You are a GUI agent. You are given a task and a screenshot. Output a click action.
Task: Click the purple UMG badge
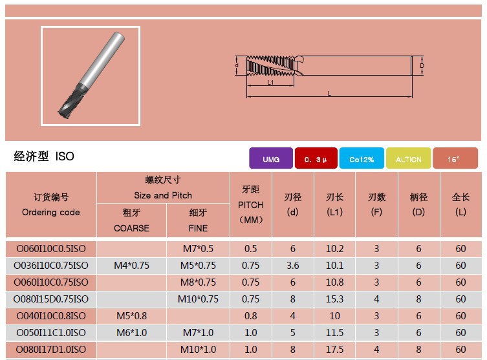pyautogui.click(x=271, y=158)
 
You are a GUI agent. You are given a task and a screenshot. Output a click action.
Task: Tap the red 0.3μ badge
pyautogui.click(x=316, y=158)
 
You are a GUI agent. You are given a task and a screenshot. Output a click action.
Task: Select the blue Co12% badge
pyautogui.click(x=362, y=158)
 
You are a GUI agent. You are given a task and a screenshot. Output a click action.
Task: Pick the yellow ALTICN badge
pyautogui.click(x=409, y=158)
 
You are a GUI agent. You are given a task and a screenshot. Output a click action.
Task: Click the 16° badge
pyautogui.click(x=455, y=158)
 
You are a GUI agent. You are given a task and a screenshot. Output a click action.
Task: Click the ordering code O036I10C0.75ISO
pyautogui.click(x=51, y=266)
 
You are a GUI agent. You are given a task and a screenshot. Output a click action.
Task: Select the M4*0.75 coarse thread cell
pyautogui.click(x=131, y=266)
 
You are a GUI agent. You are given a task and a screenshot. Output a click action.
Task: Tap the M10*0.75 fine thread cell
pyautogui.click(x=198, y=299)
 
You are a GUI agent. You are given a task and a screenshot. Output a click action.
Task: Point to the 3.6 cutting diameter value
pyautogui.click(x=292, y=266)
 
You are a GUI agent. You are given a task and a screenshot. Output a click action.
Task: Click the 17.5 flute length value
pyautogui.click(x=334, y=350)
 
